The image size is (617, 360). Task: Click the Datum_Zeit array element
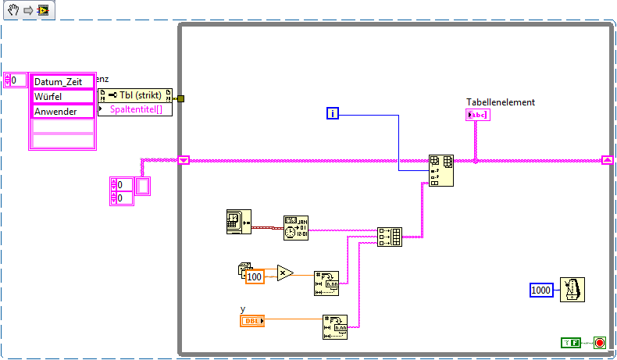click(x=62, y=81)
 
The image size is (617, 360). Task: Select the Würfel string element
click(x=62, y=96)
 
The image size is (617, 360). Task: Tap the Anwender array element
click(x=62, y=111)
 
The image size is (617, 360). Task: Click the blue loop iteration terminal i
click(x=333, y=115)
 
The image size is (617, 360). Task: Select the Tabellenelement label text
click(x=500, y=102)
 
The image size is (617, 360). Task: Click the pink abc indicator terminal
click(x=476, y=116)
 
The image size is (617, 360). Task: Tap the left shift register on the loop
click(x=184, y=161)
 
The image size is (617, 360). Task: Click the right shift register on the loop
click(x=607, y=161)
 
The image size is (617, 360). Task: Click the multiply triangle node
click(x=285, y=273)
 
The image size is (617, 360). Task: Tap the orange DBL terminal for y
click(x=252, y=320)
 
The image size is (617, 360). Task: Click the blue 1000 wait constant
click(x=541, y=290)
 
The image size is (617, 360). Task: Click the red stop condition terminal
click(x=599, y=342)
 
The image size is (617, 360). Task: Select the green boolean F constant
click(x=571, y=342)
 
